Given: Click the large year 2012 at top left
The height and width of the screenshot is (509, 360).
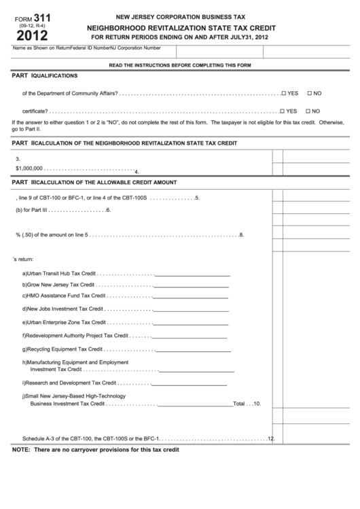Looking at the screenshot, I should [23, 35].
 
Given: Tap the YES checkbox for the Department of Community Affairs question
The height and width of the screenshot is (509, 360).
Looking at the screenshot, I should [283, 93].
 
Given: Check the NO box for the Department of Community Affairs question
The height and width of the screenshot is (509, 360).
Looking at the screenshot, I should [310, 93].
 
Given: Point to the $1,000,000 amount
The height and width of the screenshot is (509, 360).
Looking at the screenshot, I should [29, 168].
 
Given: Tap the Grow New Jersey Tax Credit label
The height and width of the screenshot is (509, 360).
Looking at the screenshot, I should [58, 285].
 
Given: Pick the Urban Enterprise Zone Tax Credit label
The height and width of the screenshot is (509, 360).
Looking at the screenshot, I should [64, 322].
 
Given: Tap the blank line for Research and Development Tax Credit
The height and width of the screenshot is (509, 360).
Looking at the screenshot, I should [193, 383].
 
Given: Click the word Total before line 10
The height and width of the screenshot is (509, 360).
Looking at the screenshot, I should [239, 404].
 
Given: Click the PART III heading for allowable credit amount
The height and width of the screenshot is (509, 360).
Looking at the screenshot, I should [95, 182].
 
